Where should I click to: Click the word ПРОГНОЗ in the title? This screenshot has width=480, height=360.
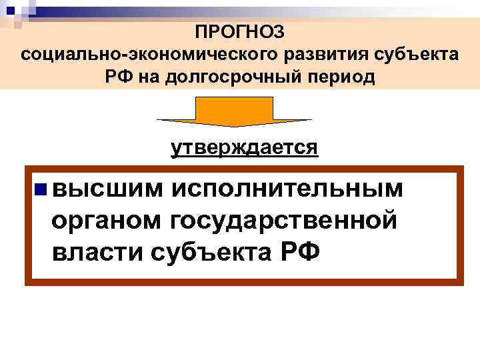tap(240, 31)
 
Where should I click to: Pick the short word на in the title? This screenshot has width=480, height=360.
tap(148, 77)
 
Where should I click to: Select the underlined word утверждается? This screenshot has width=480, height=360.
tap(244, 147)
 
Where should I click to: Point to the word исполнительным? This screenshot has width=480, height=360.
tap(287, 189)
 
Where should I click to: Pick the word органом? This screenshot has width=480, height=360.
tap(107, 221)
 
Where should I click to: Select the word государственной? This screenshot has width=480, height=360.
tap(285, 221)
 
